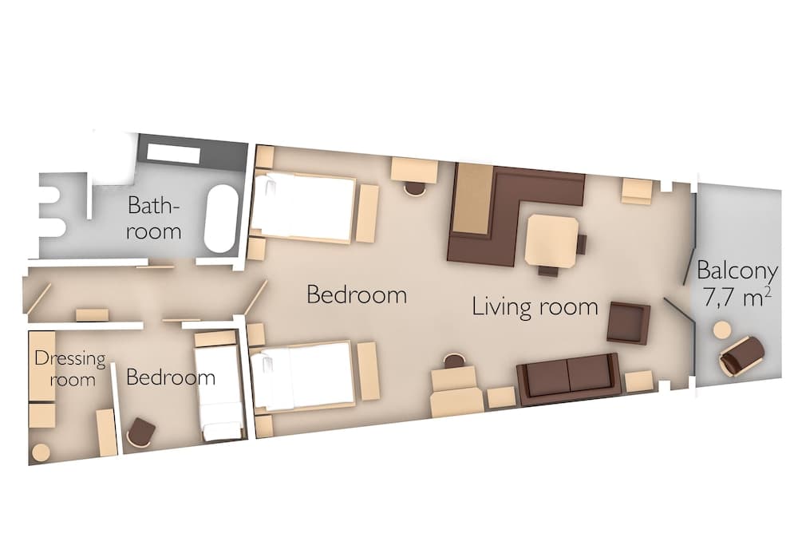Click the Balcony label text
pos(737,268)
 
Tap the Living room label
pos(535,306)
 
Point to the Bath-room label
pos(155,219)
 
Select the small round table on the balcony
pos(723,330)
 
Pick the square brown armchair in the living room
pos(628,322)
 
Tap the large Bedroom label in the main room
pos(357,295)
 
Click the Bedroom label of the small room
pos(171,377)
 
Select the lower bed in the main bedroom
pos(303,375)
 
